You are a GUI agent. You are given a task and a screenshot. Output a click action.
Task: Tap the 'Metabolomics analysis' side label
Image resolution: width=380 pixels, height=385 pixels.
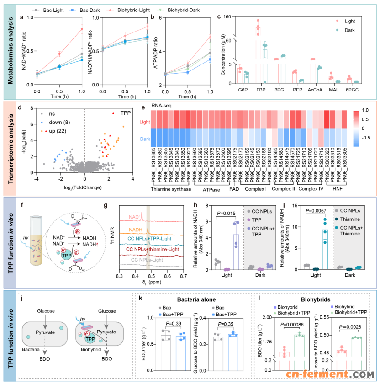(10, 50)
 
